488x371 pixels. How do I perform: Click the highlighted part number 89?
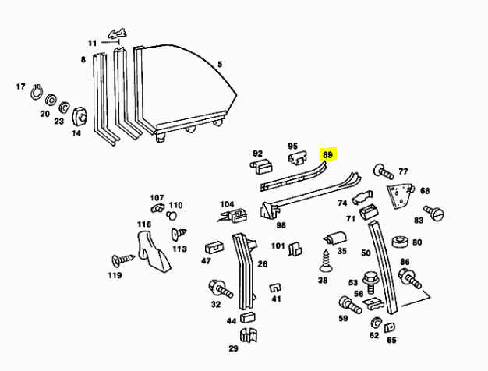328,155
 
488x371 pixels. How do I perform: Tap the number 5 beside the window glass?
220,65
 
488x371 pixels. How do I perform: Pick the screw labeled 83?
433,211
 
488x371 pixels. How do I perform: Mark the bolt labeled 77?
384,171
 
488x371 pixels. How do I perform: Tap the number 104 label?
227,204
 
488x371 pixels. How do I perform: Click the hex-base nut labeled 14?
79,118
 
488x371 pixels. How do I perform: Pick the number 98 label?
281,225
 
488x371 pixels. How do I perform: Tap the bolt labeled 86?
409,277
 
